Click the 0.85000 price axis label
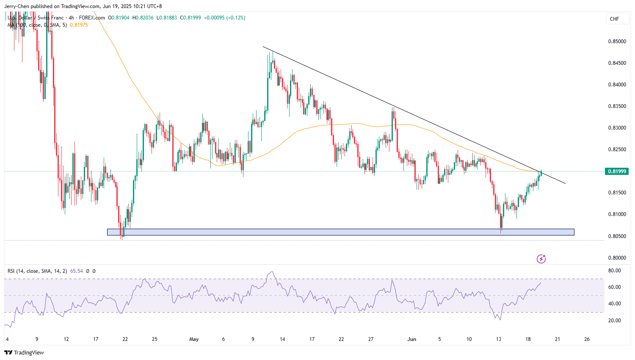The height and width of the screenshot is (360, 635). [617, 42]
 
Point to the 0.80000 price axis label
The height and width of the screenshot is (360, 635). [617, 258]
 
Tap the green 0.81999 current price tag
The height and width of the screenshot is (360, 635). [617, 172]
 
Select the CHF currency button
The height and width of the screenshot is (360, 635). [614, 19]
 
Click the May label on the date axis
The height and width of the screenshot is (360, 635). [194, 339]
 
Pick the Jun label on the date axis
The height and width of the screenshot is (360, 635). [411, 339]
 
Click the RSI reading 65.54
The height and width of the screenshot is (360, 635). [77, 271]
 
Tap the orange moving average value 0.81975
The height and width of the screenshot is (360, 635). [79, 25]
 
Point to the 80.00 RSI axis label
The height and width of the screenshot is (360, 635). [614, 271]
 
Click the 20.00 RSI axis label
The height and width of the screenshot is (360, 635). [614, 321]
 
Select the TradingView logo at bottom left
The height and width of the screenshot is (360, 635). [24, 352]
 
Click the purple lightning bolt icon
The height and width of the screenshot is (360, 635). [541, 259]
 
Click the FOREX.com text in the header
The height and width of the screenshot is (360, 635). [92, 18]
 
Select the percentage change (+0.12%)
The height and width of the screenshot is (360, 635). [236, 18]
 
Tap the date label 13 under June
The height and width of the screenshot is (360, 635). [499, 339]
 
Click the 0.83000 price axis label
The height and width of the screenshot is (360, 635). [617, 128]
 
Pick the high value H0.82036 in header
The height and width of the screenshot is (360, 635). [143, 18]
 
